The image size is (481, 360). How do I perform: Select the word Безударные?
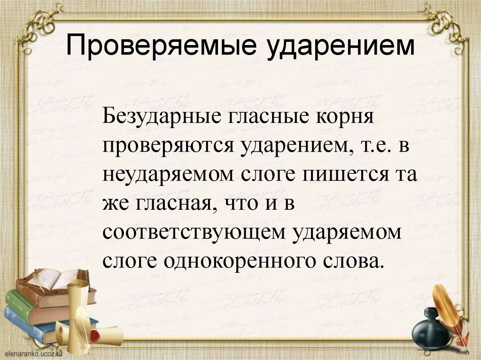pos(159,116)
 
